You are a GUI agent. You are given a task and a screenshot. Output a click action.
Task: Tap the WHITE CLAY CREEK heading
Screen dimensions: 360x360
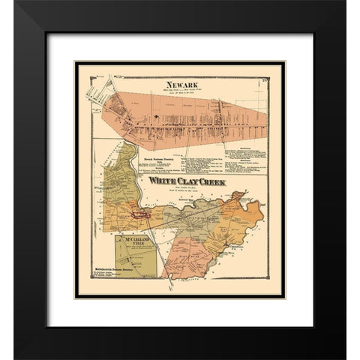point(187,181)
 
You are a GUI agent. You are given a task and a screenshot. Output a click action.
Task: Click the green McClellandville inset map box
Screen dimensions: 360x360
point(134,262)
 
